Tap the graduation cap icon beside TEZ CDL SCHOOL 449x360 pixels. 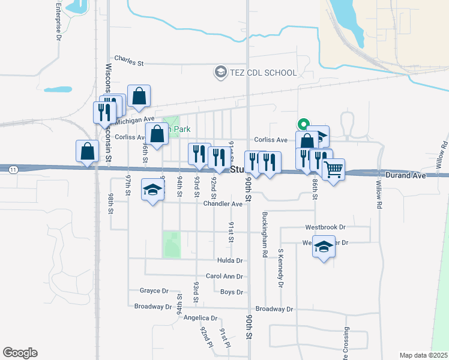[220, 73]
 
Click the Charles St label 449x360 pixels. [129, 61]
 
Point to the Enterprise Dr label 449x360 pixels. [58, 22]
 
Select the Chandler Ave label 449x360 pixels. [223, 204]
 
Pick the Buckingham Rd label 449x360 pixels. [264, 234]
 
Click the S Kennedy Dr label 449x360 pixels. [280, 268]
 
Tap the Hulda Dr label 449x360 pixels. [230, 261]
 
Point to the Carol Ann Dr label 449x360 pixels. [224, 277]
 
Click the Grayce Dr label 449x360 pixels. [154, 291]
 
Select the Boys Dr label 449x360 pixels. [231, 292]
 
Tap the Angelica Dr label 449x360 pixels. [200, 318]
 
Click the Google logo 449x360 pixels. [20, 353]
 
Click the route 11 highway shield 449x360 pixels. [13, 170]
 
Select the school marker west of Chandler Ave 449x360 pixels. [152, 190]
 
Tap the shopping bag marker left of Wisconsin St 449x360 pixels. [88, 151]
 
